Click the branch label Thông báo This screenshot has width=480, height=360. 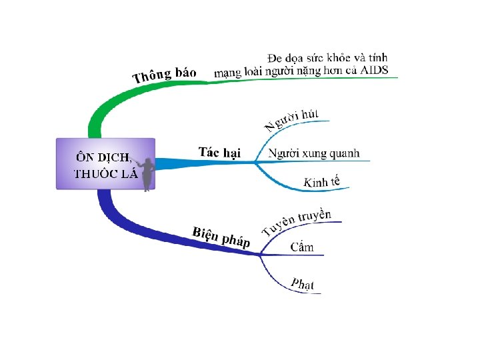point(164,75)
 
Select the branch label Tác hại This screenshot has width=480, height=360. point(219,152)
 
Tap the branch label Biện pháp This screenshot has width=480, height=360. point(221,237)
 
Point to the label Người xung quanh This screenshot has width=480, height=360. point(313,153)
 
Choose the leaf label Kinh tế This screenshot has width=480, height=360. point(321,181)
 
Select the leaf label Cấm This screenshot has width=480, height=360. point(302,247)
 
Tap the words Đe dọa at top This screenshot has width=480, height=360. point(283,57)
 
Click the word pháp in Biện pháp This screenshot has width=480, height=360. point(235,240)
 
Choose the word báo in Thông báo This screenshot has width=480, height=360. point(183,71)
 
